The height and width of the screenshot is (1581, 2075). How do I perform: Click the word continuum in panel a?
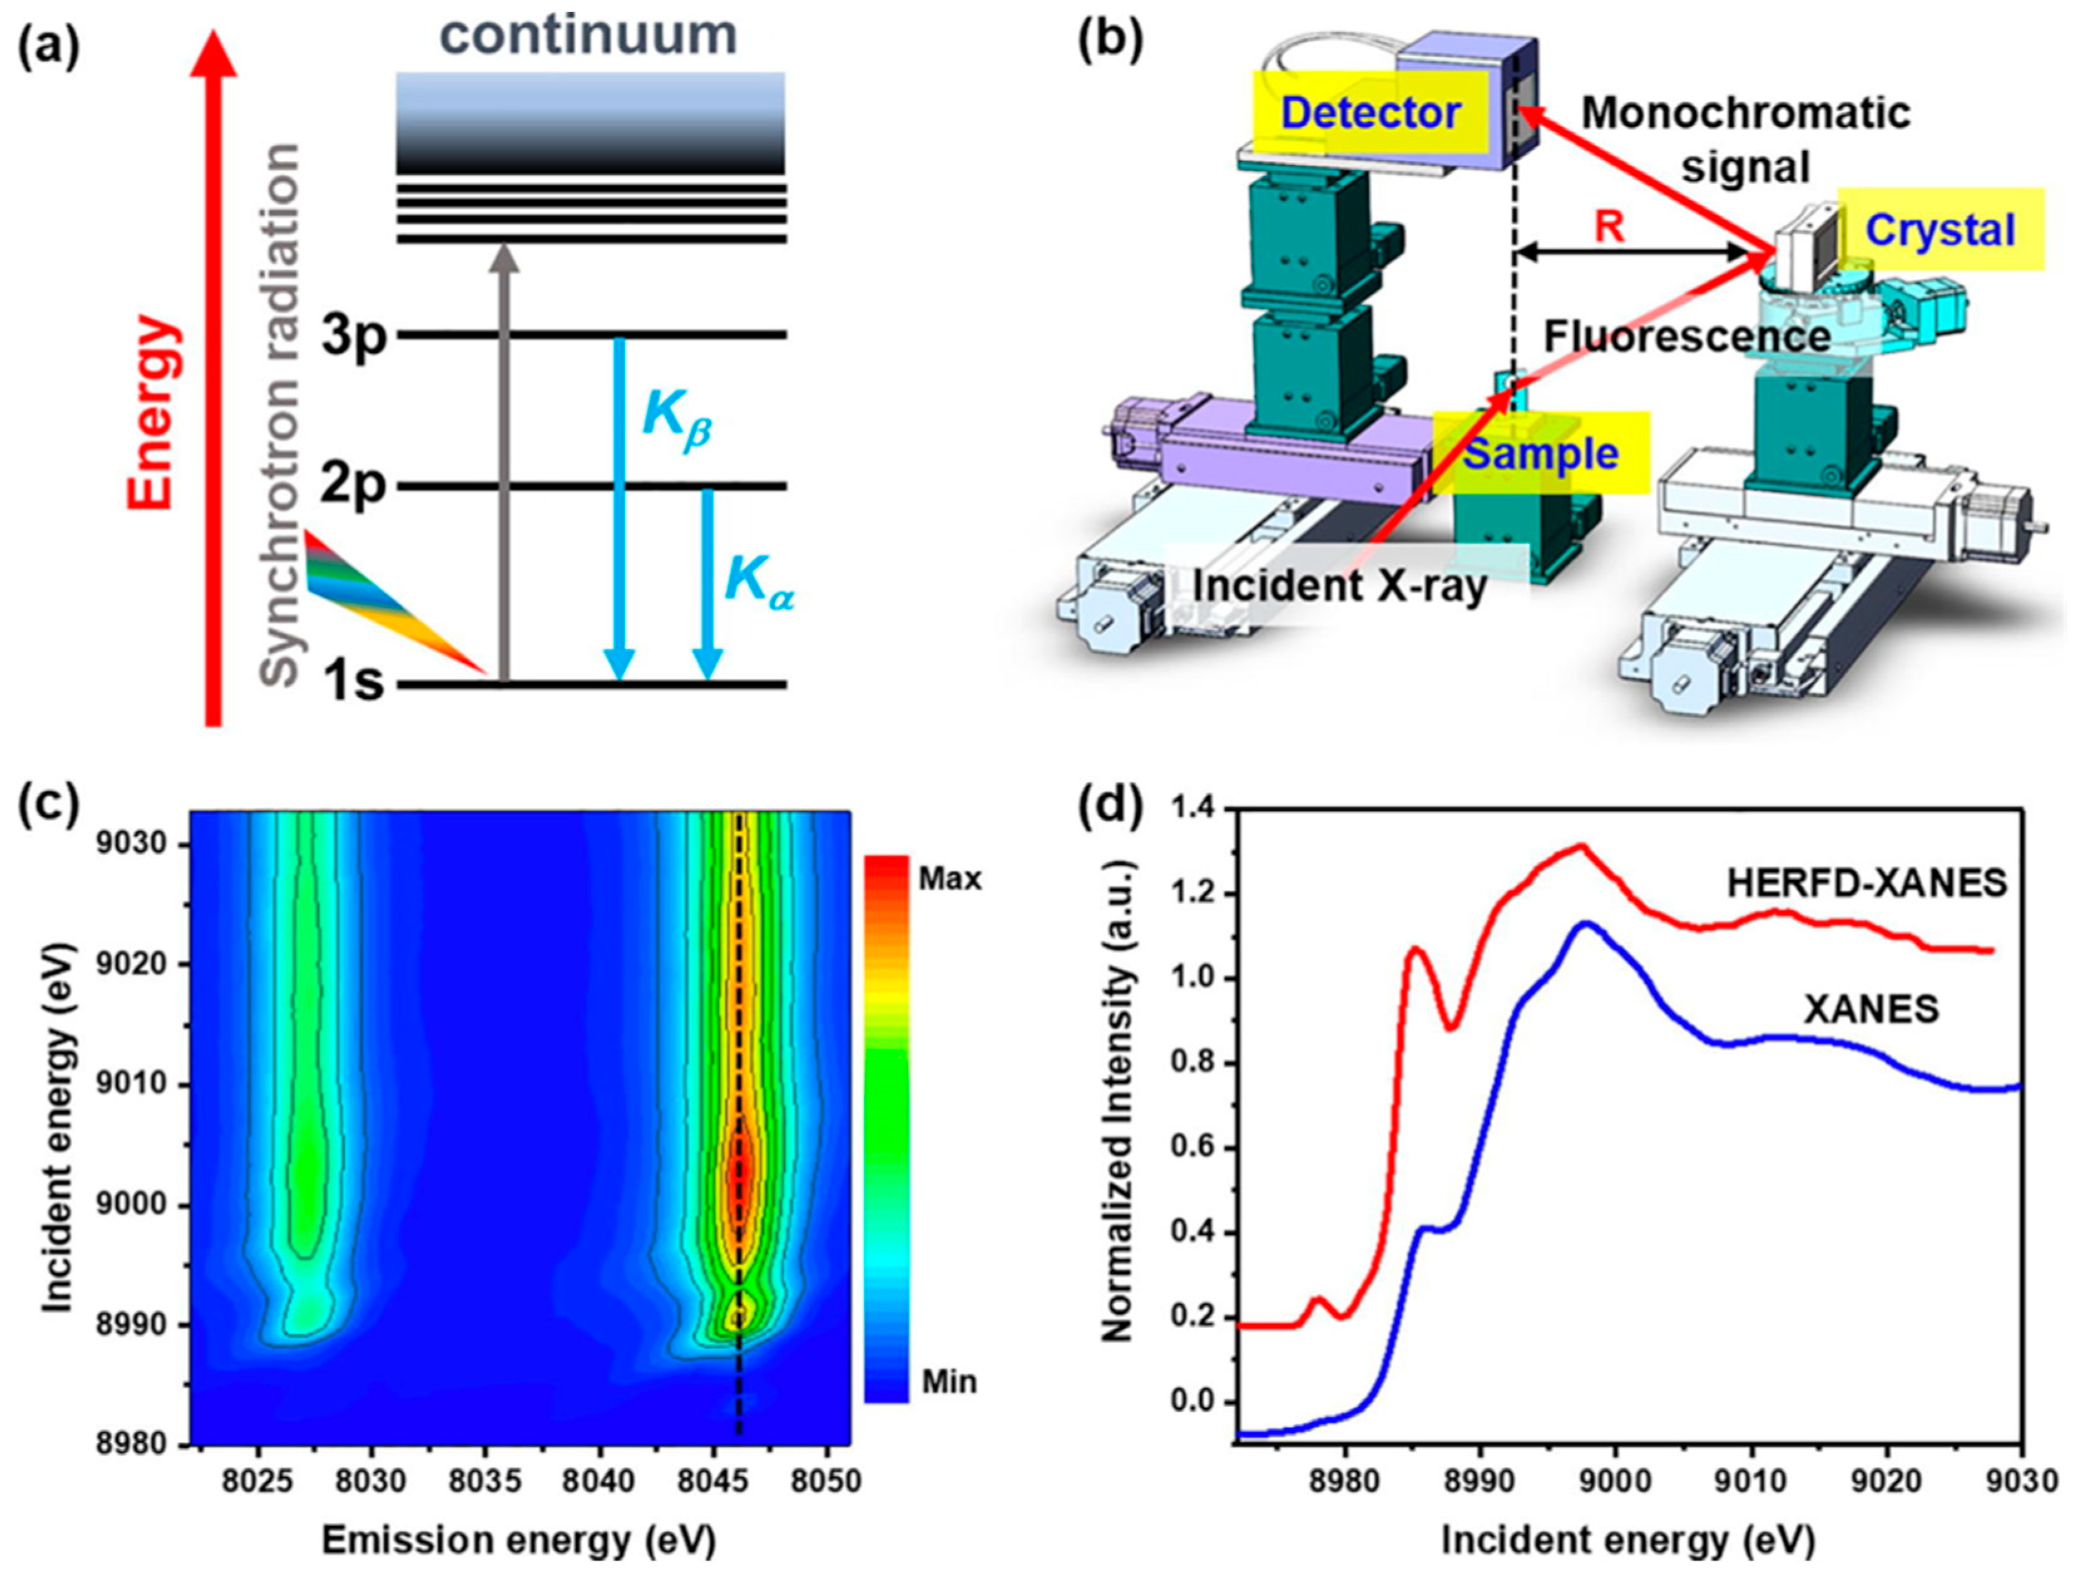pos(589,36)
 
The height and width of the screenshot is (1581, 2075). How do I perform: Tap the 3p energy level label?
pos(353,336)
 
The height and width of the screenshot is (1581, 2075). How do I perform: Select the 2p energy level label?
pos(353,486)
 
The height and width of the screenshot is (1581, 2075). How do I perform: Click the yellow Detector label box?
pos(1370,113)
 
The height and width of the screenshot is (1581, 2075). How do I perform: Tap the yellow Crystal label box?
pos(1940,229)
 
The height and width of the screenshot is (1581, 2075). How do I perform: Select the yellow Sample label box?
pos(1540,454)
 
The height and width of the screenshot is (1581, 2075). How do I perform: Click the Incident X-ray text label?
pos(1340,587)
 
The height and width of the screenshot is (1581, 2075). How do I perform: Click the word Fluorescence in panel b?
pos(1687,336)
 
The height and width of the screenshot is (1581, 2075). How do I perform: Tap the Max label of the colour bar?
pos(949,879)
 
